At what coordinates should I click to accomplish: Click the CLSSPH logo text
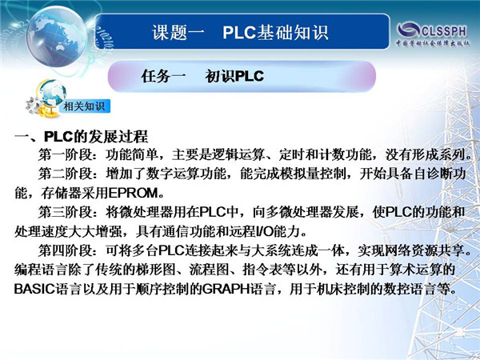coord(444,31)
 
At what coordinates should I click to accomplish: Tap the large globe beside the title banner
coord(56,37)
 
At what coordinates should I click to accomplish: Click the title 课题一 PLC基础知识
coord(240,33)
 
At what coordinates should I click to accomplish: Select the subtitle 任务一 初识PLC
coord(202,76)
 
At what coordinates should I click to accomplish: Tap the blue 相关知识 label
coord(84,106)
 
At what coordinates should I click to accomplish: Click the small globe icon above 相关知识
coord(52,93)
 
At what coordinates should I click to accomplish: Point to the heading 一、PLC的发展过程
coord(81,137)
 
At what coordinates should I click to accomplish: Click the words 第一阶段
coord(66,155)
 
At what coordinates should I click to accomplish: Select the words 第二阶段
coord(66,174)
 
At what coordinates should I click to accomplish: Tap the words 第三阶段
coord(66,212)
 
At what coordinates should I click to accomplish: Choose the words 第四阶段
coord(66,250)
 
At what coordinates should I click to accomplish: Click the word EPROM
coord(133,193)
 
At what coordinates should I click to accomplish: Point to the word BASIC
coord(34,289)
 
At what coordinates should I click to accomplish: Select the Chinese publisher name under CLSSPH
coord(433,43)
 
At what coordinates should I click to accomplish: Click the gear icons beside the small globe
coord(34,106)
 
